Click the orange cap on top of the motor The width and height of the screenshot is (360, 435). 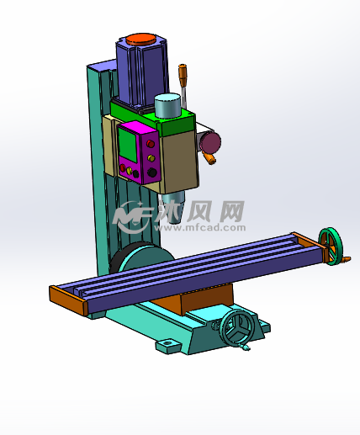[x=140, y=39]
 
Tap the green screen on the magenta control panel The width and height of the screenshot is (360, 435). [x=128, y=146]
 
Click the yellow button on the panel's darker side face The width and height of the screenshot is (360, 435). [x=151, y=158]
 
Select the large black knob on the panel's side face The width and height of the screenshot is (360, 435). [x=152, y=172]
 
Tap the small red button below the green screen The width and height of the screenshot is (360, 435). [x=123, y=168]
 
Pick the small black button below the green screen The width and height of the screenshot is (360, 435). [x=135, y=174]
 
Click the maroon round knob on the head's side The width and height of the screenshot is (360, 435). [x=211, y=142]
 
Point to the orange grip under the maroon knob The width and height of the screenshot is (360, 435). [x=211, y=160]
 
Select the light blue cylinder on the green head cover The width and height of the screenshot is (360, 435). [x=167, y=105]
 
